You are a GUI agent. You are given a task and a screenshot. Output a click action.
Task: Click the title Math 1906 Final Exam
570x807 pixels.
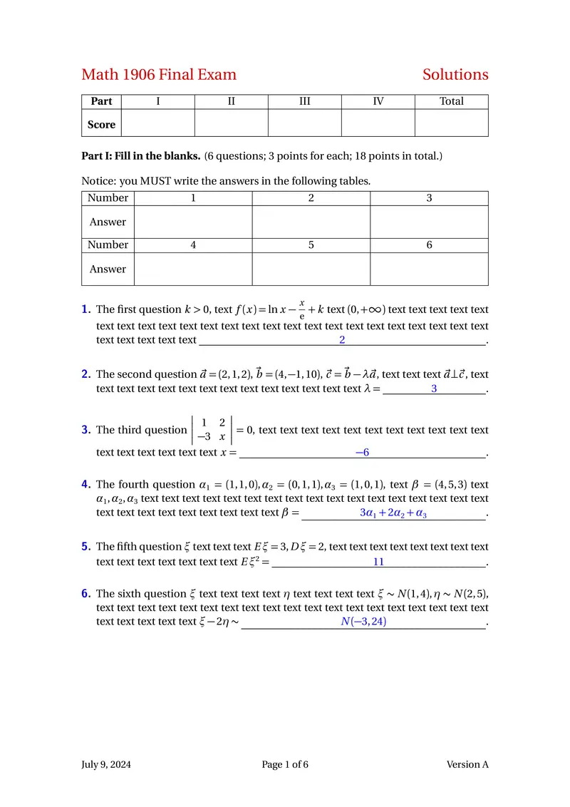(x=159, y=75)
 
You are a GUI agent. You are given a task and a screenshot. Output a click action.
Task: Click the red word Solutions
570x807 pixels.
(x=455, y=75)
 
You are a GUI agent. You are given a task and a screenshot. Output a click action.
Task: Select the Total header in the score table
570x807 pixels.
(x=452, y=101)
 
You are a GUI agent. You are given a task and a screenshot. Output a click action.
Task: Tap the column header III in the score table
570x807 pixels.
(x=304, y=101)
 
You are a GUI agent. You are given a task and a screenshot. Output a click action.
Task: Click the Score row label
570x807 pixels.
(x=101, y=125)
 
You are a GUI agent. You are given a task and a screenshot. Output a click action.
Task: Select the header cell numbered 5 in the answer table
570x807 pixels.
(x=311, y=245)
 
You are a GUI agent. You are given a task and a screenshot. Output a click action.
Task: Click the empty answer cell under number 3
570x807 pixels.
(x=429, y=222)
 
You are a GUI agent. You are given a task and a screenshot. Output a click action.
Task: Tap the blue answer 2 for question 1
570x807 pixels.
(x=342, y=340)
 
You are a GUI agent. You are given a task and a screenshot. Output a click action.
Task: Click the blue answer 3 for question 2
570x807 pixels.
(x=434, y=389)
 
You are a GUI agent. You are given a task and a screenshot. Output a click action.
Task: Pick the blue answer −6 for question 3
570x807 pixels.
(x=362, y=453)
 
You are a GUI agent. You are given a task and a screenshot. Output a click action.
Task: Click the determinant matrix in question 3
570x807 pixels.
(x=212, y=430)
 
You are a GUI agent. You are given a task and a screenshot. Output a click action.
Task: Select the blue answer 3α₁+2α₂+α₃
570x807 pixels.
(x=393, y=513)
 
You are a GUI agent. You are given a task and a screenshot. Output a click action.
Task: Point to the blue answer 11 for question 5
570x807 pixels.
(x=378, y=562)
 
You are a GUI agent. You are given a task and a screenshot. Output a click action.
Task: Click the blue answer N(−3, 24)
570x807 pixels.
(x=363, y=622)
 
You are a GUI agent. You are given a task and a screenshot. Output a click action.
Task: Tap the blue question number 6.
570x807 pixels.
(x=85, y=593)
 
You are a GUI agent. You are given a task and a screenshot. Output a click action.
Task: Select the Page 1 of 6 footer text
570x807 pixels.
(x=285, y=765)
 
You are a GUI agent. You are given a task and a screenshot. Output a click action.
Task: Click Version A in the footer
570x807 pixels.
(x=467, y=765)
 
